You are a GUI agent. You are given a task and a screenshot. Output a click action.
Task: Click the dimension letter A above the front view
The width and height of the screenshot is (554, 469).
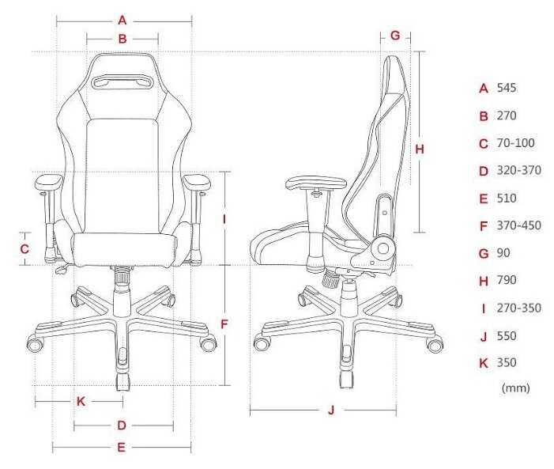tap(122, 20)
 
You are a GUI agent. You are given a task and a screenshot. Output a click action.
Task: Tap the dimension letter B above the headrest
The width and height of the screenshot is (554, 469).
tap(122, 38)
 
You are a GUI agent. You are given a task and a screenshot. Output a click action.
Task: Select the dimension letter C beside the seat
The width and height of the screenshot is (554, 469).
tap(24, 248)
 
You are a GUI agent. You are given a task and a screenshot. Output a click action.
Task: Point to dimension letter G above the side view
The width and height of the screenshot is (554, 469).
tap(395, 36)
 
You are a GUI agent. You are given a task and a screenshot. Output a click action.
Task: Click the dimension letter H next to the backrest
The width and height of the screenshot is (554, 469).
tap(420, 149)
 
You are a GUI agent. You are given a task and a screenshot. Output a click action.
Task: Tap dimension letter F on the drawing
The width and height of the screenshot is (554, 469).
tap(224, 324)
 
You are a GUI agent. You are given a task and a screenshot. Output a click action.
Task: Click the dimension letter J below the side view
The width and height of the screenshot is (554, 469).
tap(332, 410)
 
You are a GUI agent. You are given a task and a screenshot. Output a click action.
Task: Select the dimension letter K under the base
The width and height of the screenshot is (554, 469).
tap(81, 401)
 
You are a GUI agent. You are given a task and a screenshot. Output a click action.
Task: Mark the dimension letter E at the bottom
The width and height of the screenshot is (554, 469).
tap(121, 447)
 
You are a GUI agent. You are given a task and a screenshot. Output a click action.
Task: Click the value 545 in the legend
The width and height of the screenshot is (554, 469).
tap(507, 88)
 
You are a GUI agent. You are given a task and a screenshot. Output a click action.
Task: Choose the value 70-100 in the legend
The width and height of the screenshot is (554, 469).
tap(515, 143)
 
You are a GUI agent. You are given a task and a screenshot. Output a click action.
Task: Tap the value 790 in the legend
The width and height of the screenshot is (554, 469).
tap(507, 280)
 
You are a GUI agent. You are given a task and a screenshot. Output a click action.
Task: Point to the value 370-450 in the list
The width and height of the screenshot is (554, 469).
tap(518, 225)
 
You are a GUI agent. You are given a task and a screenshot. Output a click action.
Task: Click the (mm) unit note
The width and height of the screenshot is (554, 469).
tap(515, 388)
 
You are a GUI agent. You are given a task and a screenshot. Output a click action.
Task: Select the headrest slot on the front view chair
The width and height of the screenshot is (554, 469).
tap(122, 81)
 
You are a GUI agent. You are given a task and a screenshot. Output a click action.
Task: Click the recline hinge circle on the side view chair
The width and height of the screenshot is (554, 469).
tap(383, 248)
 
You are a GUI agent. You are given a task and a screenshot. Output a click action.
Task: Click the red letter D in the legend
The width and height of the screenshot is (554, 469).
tap(484, 171)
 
